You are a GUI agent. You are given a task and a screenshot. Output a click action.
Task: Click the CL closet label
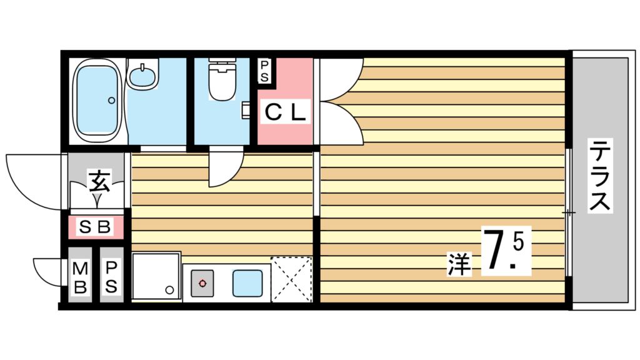(x=284, y=112)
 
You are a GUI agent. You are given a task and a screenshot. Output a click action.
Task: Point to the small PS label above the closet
(x=265, y=70)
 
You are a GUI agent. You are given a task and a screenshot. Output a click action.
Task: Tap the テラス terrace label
(x=601, y=177)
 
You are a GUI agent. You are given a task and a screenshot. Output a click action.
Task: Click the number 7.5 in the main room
(x=506, y=252)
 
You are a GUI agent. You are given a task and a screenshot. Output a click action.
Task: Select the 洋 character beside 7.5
(x=458, y=264)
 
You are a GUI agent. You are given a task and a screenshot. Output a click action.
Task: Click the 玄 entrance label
(x=99, y=181)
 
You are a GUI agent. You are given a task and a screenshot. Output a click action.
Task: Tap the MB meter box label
(x=80, y=277)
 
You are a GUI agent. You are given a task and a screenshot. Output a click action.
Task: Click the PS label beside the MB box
(x=112, y=277)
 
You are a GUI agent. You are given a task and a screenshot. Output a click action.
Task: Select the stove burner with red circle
(x=202, y=283)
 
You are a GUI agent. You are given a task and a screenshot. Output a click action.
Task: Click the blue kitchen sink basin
(x=247, y=283)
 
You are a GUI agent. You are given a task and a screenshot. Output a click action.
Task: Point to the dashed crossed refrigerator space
(x=291, y=279)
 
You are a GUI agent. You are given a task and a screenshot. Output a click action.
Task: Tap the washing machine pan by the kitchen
(x=155, y=277)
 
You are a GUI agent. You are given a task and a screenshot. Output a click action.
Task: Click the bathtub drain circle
(x=111, y=100)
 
